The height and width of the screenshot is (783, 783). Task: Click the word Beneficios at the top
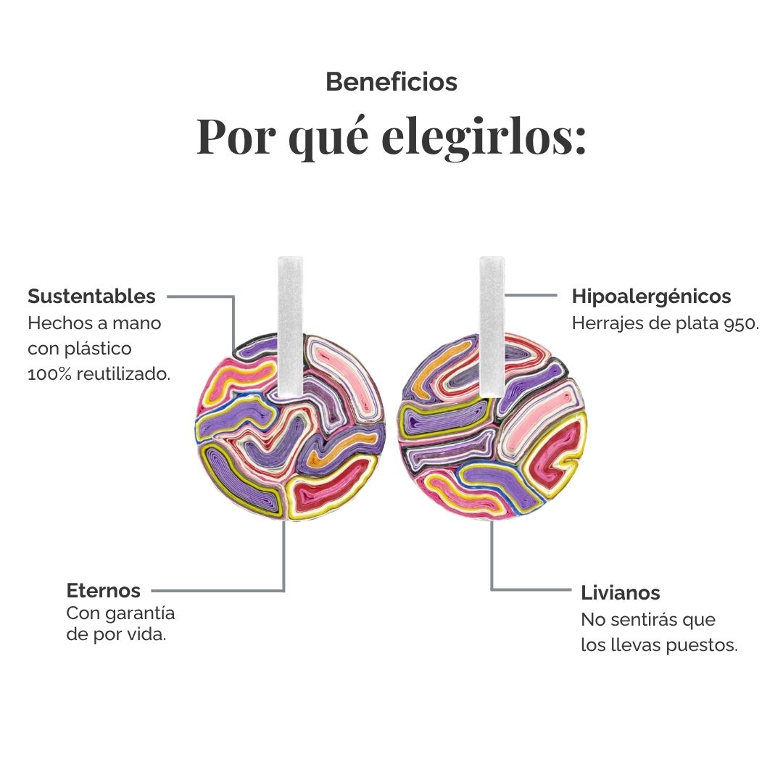click(x=391, y=82)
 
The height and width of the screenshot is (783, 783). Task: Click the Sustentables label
click(x=91, y=297)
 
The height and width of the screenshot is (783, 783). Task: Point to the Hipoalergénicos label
click(x=651, y=297)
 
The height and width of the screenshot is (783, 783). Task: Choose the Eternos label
click(x=104, y=590)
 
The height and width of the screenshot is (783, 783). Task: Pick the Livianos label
click(x=621, y=593)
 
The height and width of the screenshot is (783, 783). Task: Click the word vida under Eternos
click(x=152, y=636)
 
